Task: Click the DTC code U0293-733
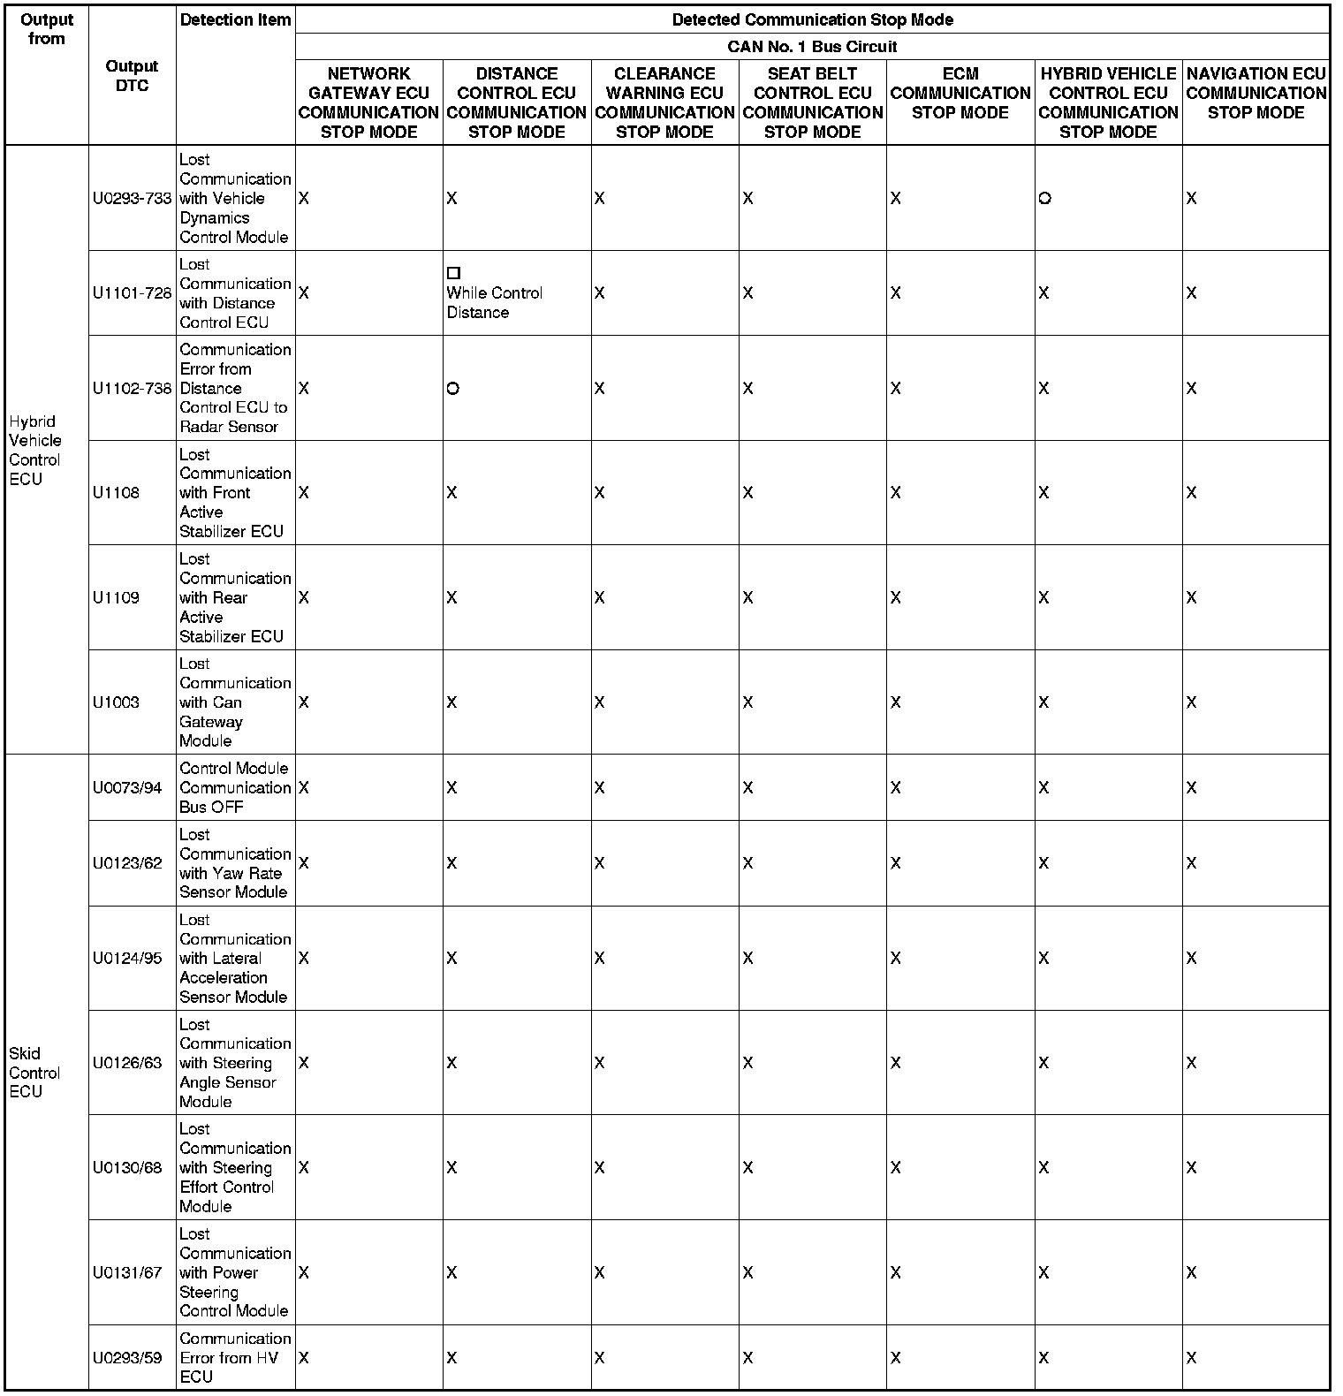tap(132, 199)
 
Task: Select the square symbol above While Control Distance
tap(453, 274)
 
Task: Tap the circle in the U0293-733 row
tap(1044, 199)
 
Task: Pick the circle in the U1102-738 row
tap(452, 389)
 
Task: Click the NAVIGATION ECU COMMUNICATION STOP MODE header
tap(1256, 93)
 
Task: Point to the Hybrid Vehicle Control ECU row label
tap(35, 450)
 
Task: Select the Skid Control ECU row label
tap(34, 1072)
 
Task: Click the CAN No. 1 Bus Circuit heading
tap(812, 47)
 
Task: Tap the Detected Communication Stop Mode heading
tap(812, 19)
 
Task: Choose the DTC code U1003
tap(116, 702)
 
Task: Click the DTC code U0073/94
tap(127, 787)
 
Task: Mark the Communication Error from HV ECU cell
tap(235, 1357)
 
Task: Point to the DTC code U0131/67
tap(127, 1272)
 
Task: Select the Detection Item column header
tap(235, 19)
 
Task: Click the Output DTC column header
tap(132, 76)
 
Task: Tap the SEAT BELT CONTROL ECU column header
tap(812, 102)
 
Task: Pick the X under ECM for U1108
tap(896, 493)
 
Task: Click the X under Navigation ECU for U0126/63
tap(1191, 1063)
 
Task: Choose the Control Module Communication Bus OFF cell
tap(235, 787)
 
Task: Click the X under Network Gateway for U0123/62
tap(304, 863)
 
